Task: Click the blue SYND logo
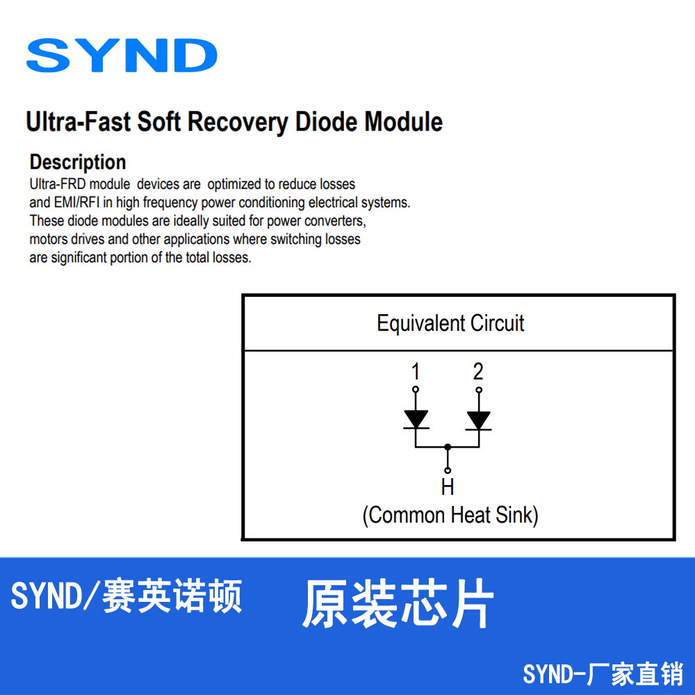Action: pyautogui.click(x=122, y=56)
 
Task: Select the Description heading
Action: pyautogui.click(x=78, y=162)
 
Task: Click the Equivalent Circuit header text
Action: pyautogui.click(x=450, y=323)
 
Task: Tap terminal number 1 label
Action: pyautogui.click(x=416, y=371)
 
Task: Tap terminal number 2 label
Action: pyautogui.click(x=478, y=371)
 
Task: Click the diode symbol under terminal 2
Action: pyautogui.click(x=478, y=419)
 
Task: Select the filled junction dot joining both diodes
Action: pyautogui.click(x=448, y=447)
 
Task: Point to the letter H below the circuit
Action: pyautogui.click(x=448, y=487)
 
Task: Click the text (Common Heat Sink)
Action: pyautogui.click(x=450, y=515)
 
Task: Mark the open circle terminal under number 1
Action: pyautogui.click(x=416, y=389)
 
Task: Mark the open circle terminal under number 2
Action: pyautogui.click(x=478, y=389)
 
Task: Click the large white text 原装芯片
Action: pyautogui.click(x=398, y=603)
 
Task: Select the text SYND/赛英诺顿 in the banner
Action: pyautogui.click(x=126, y=596)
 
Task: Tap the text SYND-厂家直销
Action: pyautogui.click(x=603, y=673)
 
